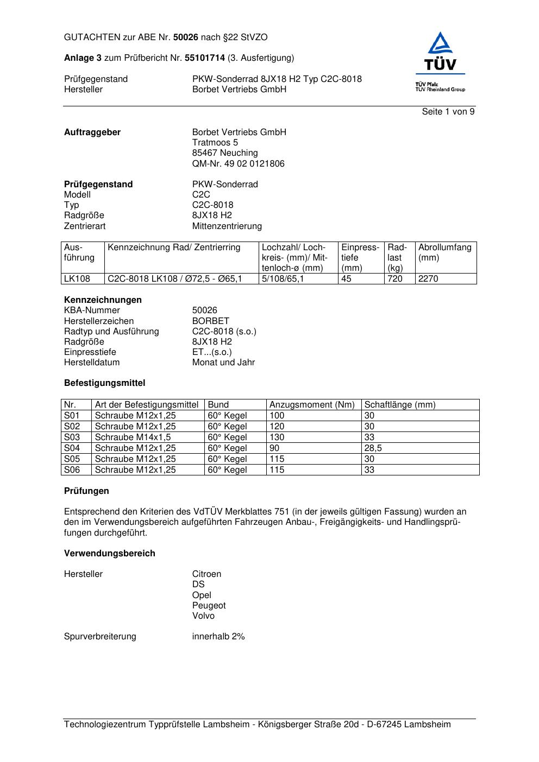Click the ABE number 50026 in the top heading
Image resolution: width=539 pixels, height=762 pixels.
tap(186, 37)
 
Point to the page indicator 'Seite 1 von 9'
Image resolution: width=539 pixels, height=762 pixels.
tap(448, 112)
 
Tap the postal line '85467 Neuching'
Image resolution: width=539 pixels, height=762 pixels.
tap(225, 153)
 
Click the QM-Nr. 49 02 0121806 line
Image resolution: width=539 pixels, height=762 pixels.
tap(238, 164)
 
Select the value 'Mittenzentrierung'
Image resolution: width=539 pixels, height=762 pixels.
tap(227, 226)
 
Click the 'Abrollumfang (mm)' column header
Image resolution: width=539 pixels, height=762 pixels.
tap(445, 252)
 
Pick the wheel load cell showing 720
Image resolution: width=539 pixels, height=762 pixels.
tap(395, 279)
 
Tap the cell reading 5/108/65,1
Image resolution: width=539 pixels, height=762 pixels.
tap(283, 279)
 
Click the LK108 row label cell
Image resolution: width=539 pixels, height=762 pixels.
tap(77, 279)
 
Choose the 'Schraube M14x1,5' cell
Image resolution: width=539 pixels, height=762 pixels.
tap(133, 437)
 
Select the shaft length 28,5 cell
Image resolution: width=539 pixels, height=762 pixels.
tap(373, 448)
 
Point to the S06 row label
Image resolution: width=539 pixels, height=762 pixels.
tap(72, 470)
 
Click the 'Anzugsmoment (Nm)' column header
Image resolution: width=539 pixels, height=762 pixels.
tap(312, 405)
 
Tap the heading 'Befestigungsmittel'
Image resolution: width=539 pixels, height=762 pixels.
tap(104, 383)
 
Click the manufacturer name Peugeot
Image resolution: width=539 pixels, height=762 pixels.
tap(209, 606)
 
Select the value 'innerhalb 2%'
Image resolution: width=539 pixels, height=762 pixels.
tap(218, 637)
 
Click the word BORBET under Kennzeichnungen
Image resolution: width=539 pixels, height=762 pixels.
tap(211, 321)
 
